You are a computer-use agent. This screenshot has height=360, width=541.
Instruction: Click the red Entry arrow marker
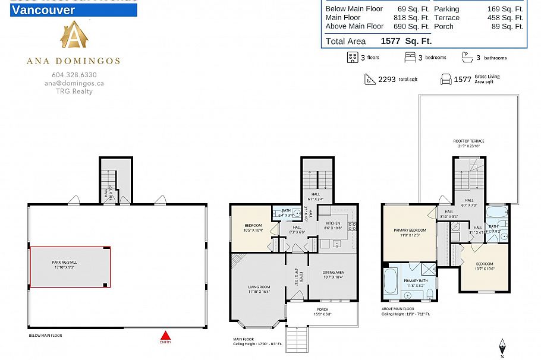click(x=165, y=335)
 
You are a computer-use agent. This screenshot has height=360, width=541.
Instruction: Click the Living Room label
click(x=259, y=289)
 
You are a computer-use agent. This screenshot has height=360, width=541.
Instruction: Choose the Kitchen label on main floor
click(x=332, y=225)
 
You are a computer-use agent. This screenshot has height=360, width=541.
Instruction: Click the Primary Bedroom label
click(x=410, y=232)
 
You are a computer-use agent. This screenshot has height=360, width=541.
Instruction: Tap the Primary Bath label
click(x=416, y=283)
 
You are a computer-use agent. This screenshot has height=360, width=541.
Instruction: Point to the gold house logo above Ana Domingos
click(x=74, y=36)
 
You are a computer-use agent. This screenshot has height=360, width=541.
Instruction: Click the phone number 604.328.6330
click(x=74, y=75)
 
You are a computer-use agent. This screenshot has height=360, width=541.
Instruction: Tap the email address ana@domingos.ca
click(x=74, y=83)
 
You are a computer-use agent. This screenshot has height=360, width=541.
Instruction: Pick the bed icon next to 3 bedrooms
click(x=410, y=58)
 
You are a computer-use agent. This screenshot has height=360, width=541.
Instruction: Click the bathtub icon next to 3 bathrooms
click(x=468, y=57)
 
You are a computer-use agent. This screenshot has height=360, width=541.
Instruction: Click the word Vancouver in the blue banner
click(x=43, y=10)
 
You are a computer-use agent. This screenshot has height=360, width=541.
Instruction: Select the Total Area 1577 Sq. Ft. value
click(x=406, y=41)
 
